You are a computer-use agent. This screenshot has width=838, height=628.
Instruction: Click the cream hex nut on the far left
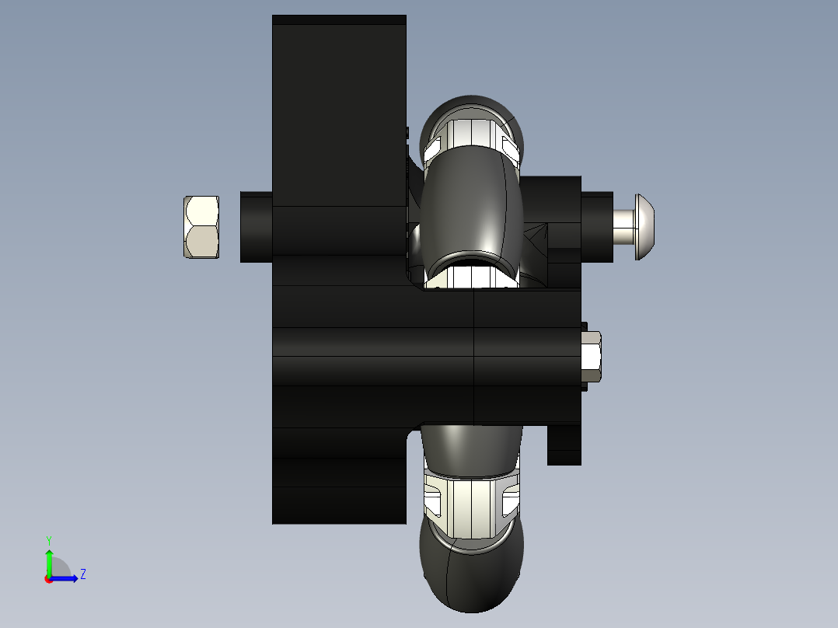[201, 227]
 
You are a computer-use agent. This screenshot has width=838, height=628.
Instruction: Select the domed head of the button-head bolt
[646, 226]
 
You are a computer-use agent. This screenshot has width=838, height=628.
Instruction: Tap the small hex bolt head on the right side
[591, 357]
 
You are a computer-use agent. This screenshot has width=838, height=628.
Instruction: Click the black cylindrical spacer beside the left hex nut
[256, 227]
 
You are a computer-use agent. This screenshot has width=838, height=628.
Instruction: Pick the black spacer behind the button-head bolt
[597, 226]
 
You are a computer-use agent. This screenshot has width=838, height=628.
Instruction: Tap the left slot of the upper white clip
[434, 145]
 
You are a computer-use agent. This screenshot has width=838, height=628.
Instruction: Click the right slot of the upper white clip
[510, 145]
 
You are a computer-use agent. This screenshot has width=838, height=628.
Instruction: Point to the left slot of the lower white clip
[433, 497]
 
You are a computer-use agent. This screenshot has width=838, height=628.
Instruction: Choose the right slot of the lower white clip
[510, 497]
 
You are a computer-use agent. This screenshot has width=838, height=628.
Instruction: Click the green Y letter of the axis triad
[48, 539]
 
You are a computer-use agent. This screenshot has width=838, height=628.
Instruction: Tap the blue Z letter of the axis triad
[82, 574]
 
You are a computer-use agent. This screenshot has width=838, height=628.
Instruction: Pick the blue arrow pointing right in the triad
[68, 577]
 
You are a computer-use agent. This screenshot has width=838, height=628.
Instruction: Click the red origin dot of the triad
[48, 579]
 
